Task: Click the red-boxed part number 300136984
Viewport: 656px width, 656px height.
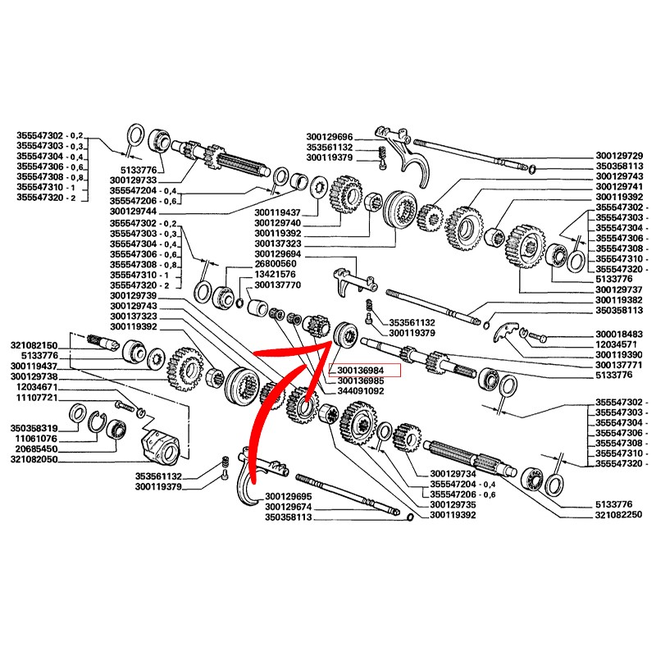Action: pyautogui.click(x=362, y=371)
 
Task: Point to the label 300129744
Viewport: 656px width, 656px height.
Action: pyautogui.click(x=132, y=212)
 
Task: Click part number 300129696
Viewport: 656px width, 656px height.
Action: pyautogui.click(x=329, y=137)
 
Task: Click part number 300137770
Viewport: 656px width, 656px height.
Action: pyautogui.click(x=279, y=285)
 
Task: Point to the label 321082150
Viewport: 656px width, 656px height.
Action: pyautogui.click(x=34, y=345)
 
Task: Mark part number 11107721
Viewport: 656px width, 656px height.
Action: pyautogui.click(x=34, y=398)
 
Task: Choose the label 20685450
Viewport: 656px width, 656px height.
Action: pyautogui.click(x=34, y=450)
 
